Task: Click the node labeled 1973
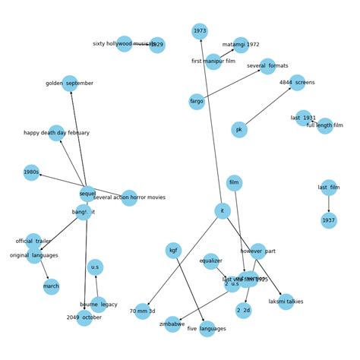(x=200, y=31)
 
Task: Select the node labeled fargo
(x=197, y=101)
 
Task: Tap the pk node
(x=239, y=130)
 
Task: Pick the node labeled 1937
(x=328, y=221)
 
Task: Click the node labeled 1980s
(x=31, y=172)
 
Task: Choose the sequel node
(x=87, y=194)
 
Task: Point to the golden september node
(x=70, y=84)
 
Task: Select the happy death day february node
(x=56, y=133)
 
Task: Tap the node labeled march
(x=51, y=287)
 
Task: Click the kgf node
(x=173, y=251)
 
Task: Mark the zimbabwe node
(x=172, y=324)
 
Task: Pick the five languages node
(x=207, y=329)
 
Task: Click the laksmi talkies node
(x=286, y=302)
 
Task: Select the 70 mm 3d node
(x=143, y=311)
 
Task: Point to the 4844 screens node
(x=297, y=82)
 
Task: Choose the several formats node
(x=267, y=66)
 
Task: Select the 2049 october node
(x=84, y=317)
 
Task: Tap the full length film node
(x=325, y=125)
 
